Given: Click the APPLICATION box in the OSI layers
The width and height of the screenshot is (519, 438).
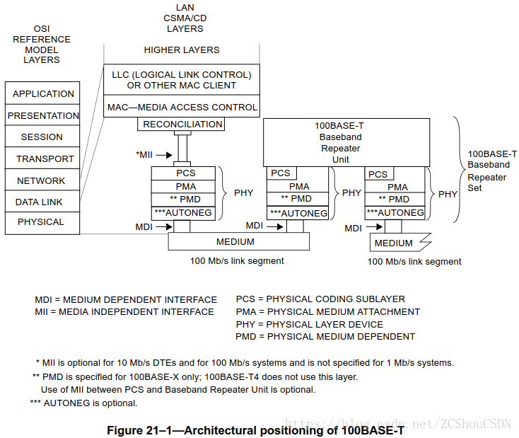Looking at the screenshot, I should pos(42,93).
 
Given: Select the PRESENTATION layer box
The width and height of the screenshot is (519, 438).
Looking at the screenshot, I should pos(42,115).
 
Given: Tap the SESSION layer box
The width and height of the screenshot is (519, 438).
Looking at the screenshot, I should pos(42,137).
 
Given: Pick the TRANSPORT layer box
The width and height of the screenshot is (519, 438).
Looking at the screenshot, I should pos(42,159).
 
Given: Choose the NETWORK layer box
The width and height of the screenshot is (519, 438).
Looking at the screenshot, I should pos(42,180).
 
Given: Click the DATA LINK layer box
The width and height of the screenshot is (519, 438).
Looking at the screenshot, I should pos(42,202).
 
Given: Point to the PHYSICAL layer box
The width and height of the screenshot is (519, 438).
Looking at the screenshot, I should pos(42,222).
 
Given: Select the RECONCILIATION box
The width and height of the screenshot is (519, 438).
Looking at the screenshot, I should pos(182,125).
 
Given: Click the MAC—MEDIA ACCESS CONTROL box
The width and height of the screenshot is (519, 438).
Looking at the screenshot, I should pos(182,108).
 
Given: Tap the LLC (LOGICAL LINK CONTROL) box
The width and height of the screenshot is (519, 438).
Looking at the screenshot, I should pos(182,80).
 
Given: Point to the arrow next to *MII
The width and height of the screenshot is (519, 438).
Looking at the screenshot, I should pos(163,154).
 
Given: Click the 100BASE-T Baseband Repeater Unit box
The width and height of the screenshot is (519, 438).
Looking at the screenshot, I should pos(346,142).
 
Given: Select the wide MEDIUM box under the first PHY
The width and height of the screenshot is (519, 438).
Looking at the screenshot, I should pos(238,242).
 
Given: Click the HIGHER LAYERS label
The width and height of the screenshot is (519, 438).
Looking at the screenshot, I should pos(182,50).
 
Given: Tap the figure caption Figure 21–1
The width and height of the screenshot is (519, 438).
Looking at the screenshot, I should pos(255,430).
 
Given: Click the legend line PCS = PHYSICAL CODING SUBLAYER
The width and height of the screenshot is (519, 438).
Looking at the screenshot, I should pos(320,299).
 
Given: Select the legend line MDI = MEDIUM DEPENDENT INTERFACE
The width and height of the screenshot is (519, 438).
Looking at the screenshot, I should pos(126,299).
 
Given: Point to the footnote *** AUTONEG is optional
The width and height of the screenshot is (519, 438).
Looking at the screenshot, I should pos(83,403).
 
